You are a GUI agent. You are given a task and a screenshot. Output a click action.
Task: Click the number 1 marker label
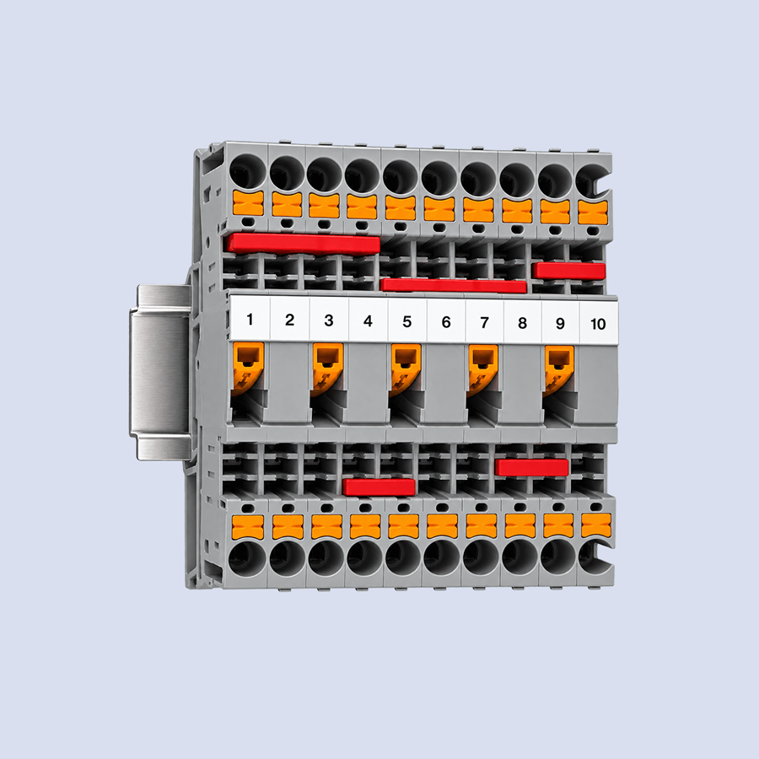250,320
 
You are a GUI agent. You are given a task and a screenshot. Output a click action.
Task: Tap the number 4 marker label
368,321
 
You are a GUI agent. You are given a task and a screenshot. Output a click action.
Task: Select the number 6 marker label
446,322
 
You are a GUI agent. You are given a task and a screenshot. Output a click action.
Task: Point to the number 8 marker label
522,323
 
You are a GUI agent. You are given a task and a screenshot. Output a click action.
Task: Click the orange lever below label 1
247,368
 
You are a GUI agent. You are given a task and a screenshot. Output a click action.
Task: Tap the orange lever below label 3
326,369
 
